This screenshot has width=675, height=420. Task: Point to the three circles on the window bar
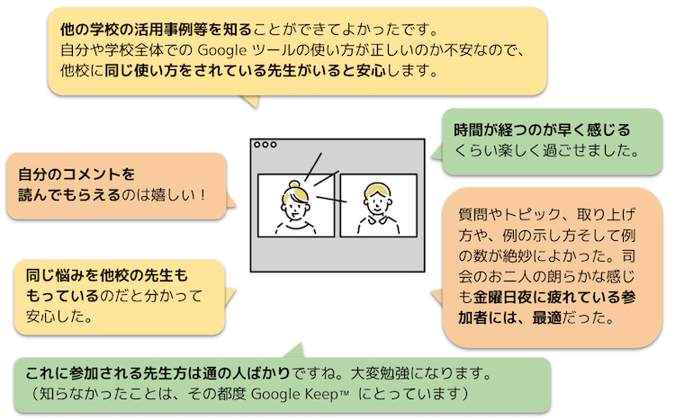[265, 145]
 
